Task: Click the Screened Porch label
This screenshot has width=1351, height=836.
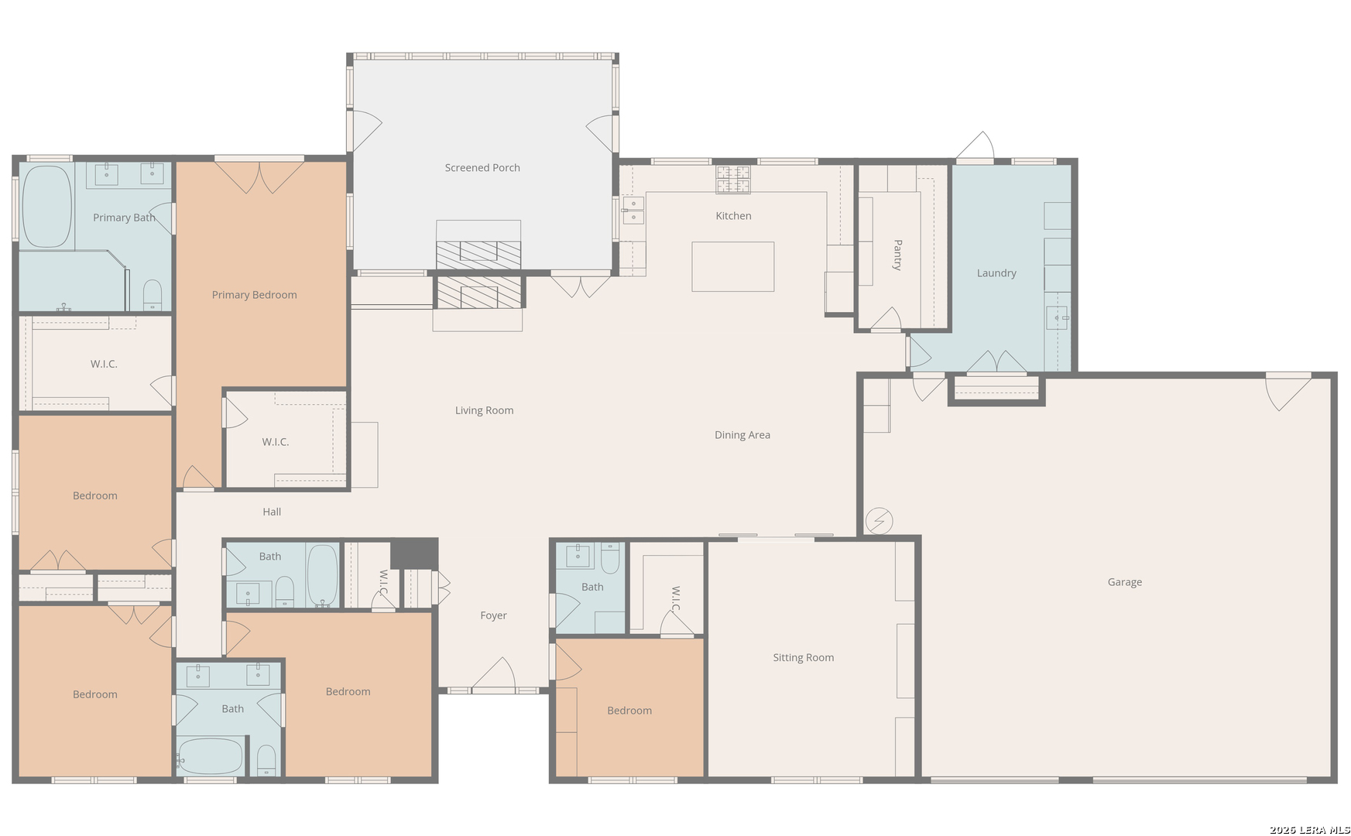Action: pos(482,168)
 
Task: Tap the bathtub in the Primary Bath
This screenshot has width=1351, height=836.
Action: pos(47,207)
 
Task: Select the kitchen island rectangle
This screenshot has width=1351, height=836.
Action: pos(732,266)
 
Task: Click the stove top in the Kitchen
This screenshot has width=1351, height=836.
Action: pos(732,180)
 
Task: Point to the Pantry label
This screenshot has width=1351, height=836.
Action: pos(897,255)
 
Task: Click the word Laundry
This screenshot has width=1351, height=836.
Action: pos(996,273)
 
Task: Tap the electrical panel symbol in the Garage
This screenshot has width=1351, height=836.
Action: pos(880,521)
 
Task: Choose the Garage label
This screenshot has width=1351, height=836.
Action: pos(1124,582)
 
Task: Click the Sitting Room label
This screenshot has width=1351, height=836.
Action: pos(803,658)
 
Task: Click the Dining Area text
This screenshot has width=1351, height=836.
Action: pos(742,435)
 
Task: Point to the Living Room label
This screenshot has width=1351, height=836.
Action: pos(484,410)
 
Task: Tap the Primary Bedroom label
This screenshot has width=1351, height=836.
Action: pos(254,295)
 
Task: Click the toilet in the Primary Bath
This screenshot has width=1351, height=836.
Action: pos(153,294)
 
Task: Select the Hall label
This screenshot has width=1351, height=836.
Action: pos(272,512)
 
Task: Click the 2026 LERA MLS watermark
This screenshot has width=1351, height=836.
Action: pos(1309,830)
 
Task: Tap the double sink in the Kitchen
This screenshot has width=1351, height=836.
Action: pos(633,210)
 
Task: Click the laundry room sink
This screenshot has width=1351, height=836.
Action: pos(1057,317)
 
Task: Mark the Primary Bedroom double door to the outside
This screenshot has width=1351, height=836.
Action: pos(259,176)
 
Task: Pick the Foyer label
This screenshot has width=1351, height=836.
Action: pos(493,615)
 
